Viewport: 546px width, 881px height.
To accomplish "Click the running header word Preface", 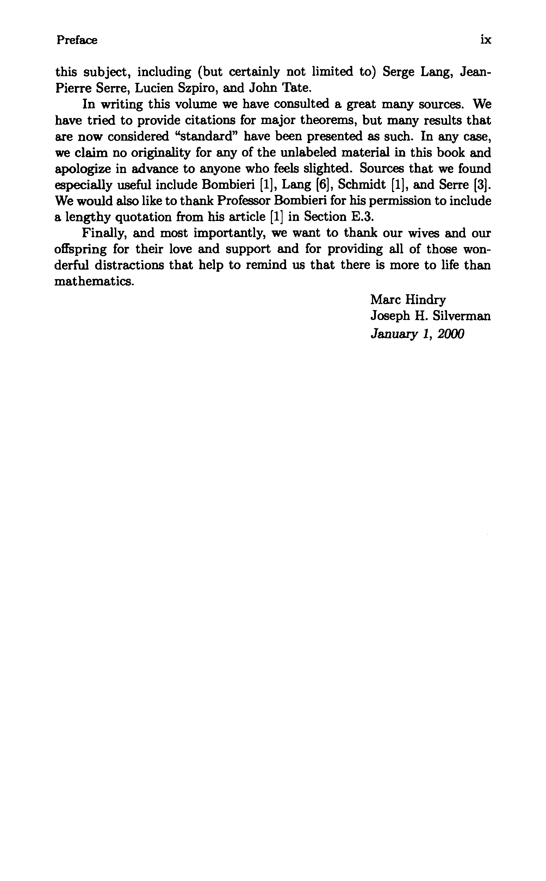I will coord(76,40).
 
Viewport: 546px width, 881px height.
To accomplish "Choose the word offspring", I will coord(81,249).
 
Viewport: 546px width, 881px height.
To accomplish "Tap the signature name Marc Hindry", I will coord(408,300).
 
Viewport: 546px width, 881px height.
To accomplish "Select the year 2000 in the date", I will coord(450,334).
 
